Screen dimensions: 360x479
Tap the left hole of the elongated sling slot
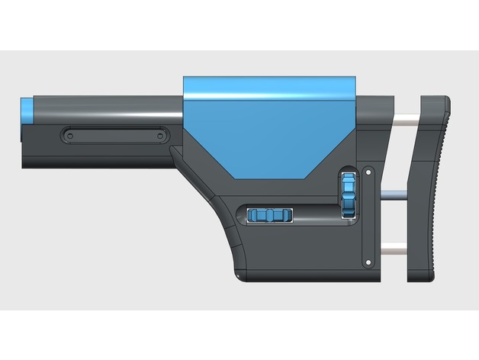[69, 135]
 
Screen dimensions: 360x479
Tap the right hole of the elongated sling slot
[160, 135]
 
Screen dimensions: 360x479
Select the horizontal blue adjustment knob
[271, 216]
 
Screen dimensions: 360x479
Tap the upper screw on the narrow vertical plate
[369, 172]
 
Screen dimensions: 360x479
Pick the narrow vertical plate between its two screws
[369, 217]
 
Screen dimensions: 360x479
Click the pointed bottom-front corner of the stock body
[243, 276]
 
